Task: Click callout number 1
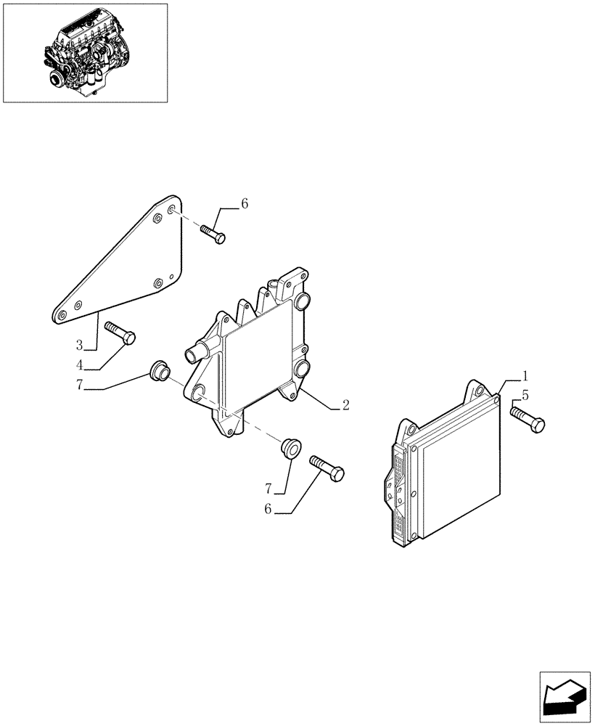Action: coord(525,378)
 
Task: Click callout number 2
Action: coord(345,405)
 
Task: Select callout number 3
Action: coord(80,344)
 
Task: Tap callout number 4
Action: coord(80,364)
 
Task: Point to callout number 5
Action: coord(525,396)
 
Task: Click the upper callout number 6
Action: coord(244,205)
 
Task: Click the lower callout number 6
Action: coord(268,510)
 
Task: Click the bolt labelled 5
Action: coord(528,419)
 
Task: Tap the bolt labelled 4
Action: coord(120,333)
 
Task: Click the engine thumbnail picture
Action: coord(86,52)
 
